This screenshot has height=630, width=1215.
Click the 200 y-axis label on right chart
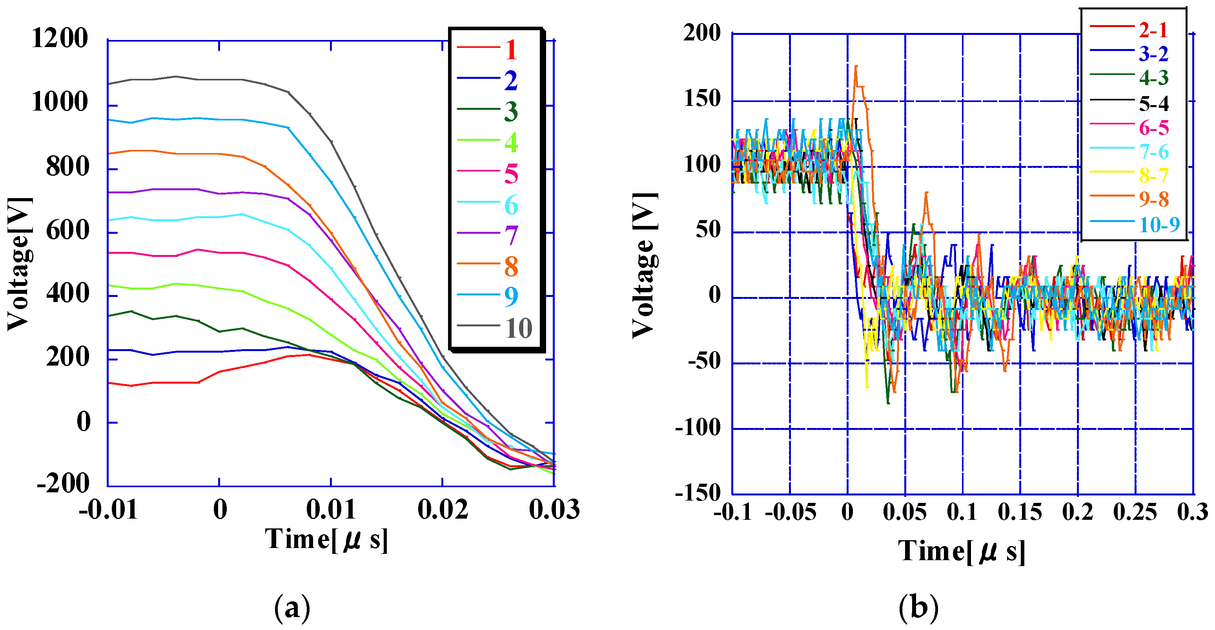pos(702,33)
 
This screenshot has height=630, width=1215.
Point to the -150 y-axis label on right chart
pos(698,493)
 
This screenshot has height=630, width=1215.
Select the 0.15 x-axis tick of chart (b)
pos(1020,512)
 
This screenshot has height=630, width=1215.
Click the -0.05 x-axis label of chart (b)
pos(790,512)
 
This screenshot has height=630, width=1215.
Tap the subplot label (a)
pos(292,608)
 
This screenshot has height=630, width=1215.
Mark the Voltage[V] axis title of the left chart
pos(20,264)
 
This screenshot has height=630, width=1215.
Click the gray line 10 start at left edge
pos(109,84)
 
